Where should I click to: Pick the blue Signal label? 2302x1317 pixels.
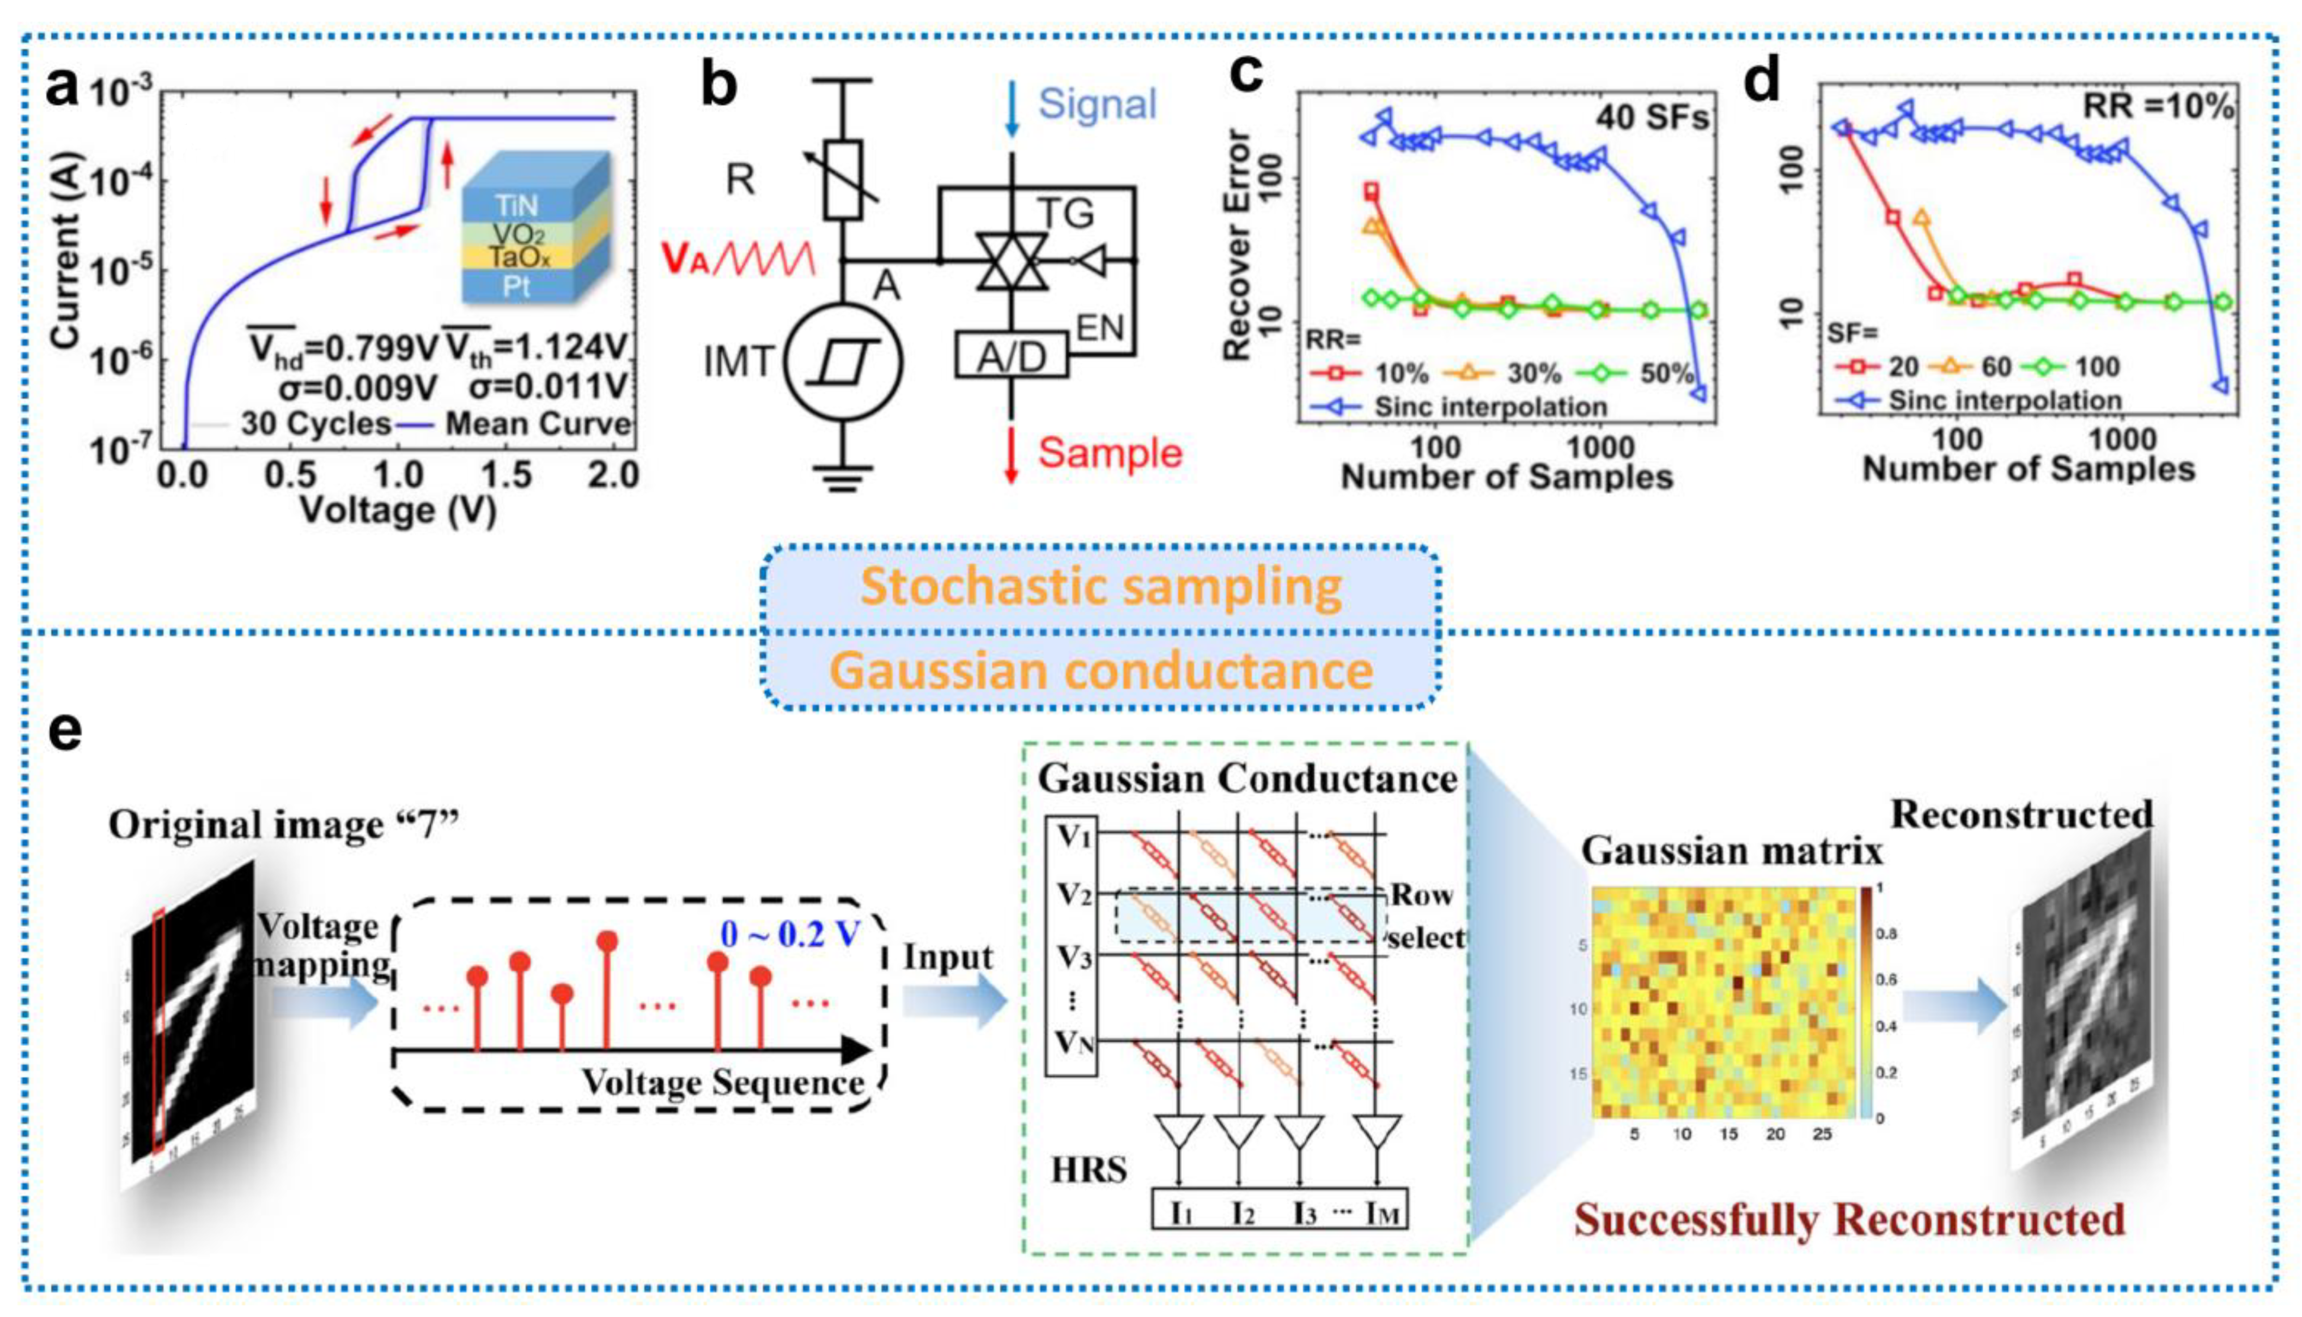1097,104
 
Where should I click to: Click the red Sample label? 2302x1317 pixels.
1110,452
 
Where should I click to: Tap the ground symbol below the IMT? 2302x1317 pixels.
843,477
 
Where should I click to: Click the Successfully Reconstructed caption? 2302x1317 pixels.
1849,1220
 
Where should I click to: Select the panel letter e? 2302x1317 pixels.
65,731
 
